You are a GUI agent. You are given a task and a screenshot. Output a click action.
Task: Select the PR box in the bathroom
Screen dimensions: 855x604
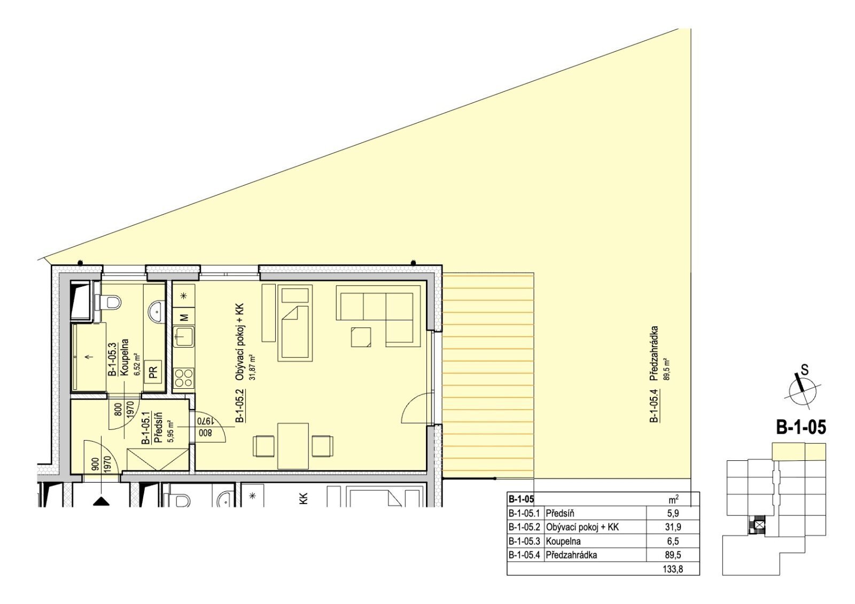pos(153,372)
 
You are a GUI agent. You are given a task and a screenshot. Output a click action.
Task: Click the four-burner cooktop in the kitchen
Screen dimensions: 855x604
pos(184,378)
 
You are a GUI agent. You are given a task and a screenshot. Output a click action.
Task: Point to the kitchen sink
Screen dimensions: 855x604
pos(184,336)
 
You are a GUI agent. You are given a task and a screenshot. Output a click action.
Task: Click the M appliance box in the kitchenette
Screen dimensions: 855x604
pos(184,317)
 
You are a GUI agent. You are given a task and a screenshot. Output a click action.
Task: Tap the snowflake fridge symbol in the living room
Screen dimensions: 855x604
pos(184,295)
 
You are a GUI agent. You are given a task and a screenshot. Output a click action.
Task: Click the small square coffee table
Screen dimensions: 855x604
pos(361,338)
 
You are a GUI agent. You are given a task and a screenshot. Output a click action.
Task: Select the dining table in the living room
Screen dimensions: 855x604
pos(293,445)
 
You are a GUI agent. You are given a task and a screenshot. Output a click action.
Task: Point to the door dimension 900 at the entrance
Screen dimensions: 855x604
pos(96,465)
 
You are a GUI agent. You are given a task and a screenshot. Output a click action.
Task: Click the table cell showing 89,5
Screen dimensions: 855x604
pos(673,555)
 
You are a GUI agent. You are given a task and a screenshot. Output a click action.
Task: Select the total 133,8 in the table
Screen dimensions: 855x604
pos(673,570)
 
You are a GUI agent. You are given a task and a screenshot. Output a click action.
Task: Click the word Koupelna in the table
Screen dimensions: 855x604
pos(563,541)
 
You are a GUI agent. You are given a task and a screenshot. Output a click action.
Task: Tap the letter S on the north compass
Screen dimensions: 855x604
pos(805,370)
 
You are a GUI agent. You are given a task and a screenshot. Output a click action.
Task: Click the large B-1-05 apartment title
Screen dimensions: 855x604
pos(801,427)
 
